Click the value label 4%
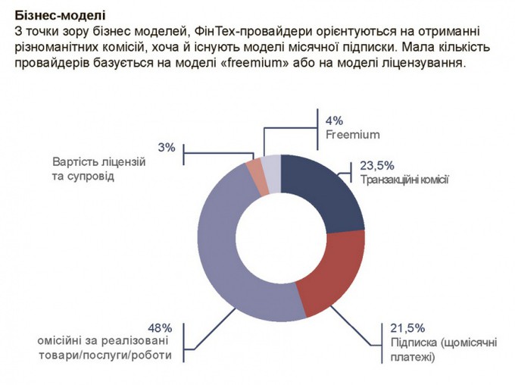click(x=335, y=121)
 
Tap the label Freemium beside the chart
click(x=352, y=135)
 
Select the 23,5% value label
click(x=376, y=165)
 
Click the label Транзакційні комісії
click(x=404, y=180)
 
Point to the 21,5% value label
click(x=407, y=328)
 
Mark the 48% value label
click(x=161, y=328)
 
